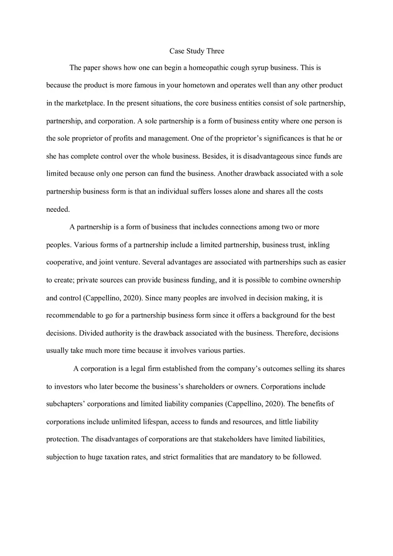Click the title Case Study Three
[196, 51]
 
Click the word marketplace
[85, 103]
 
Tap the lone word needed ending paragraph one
[58, 209]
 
